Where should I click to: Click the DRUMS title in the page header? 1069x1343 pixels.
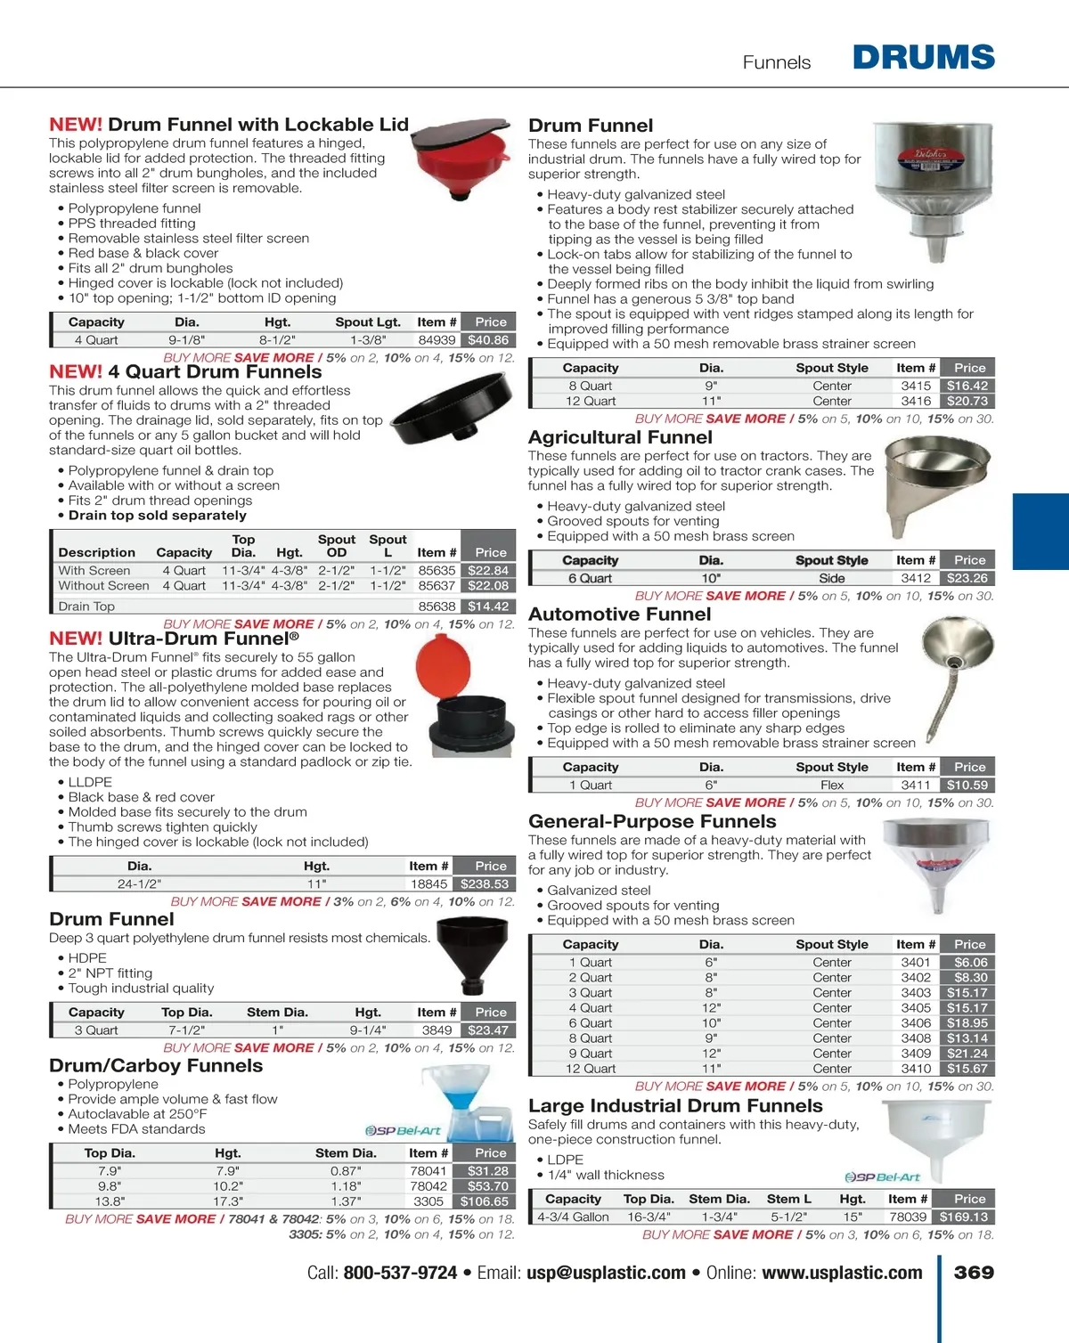923,58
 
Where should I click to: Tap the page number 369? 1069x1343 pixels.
974,1273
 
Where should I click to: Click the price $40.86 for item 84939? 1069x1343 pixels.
488,340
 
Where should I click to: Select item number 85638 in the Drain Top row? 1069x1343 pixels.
437,606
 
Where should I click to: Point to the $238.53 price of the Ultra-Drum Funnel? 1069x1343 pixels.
485,884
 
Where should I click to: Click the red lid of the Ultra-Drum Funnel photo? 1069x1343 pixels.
443,665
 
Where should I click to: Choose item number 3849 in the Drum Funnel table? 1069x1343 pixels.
437,1030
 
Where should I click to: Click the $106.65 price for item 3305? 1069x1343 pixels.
485,1201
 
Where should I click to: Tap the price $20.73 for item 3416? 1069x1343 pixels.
967,401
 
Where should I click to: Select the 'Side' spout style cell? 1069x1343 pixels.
831,578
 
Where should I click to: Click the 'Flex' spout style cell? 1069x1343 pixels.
831,785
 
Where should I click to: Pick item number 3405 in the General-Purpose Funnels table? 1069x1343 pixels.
915,1008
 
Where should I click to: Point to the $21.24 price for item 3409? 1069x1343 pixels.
967,1054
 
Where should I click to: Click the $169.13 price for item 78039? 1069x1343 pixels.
964,1217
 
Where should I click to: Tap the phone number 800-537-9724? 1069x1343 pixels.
400,1274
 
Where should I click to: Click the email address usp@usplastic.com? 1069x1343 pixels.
606,1274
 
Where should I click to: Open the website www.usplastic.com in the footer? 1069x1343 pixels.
842,1274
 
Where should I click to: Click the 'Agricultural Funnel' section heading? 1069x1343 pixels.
620,437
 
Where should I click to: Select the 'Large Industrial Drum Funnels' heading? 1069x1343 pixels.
675,1106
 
